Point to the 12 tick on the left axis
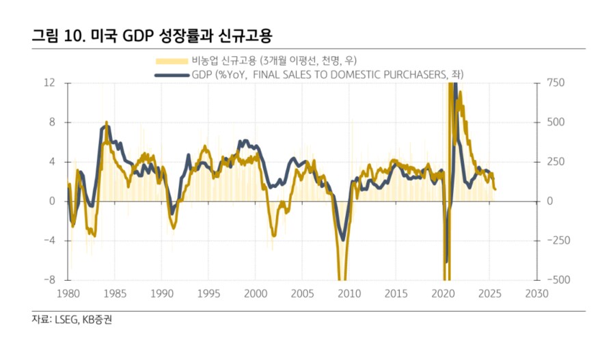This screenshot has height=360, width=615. point(49,83)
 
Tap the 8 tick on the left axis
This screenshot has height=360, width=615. point(51,122)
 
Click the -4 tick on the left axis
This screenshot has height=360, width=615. point(49,240)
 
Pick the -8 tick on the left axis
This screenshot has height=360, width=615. point(49,280)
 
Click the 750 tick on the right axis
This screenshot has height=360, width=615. point(556,83)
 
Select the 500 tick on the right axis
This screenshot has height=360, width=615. point(556,122)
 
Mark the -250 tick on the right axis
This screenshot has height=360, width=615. point(558,240)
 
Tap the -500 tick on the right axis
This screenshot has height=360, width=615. point(558,280)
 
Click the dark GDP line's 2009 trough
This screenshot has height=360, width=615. point(343,239)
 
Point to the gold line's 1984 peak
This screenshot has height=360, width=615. point(106,124)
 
